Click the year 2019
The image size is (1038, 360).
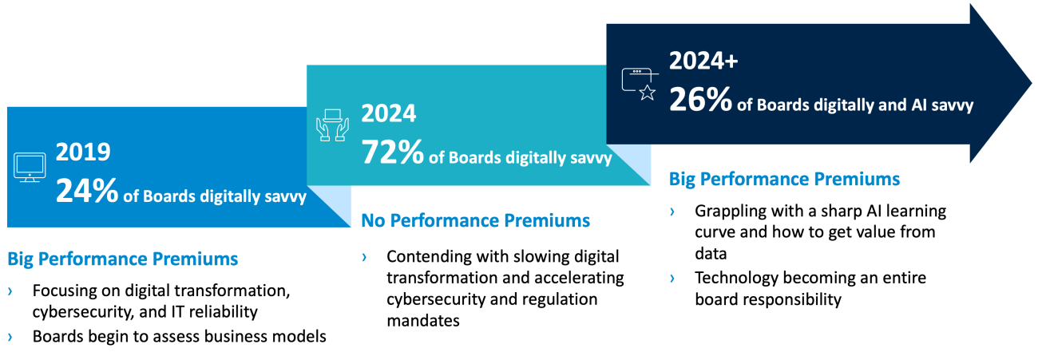tap(83, 152)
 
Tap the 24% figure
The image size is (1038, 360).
tap(87, 191)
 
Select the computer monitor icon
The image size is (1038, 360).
tap(30, 168)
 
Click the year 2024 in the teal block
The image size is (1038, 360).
tap(389, 113)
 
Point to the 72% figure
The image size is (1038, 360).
tap(393, 152)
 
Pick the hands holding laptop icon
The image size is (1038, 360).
tap(332, 125)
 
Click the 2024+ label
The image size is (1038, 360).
tap(703, 61)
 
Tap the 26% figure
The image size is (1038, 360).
tap(700, 99)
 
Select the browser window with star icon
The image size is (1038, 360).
tap(640, 84)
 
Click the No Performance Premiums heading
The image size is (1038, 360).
tap(475, 220)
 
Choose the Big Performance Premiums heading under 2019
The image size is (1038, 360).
tap(123, 259)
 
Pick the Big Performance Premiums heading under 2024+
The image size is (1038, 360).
tap(785, 180)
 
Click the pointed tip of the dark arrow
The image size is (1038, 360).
tap(1032, 84)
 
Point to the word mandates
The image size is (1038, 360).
tap(423, 321)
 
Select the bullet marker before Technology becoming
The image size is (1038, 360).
tap(672, 278)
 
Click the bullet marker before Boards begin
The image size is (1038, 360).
tap(10, 337)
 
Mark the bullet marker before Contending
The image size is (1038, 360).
tap(364, 257)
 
